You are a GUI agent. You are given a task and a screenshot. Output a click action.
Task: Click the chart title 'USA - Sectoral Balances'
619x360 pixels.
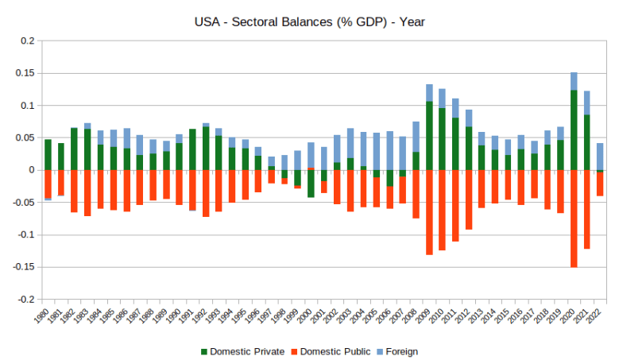(x=310, y=21)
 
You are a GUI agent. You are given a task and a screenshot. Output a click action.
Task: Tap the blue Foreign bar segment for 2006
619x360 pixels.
(x=389, y=150)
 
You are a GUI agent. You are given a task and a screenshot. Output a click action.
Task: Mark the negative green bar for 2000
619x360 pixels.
(x=311, y=184)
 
